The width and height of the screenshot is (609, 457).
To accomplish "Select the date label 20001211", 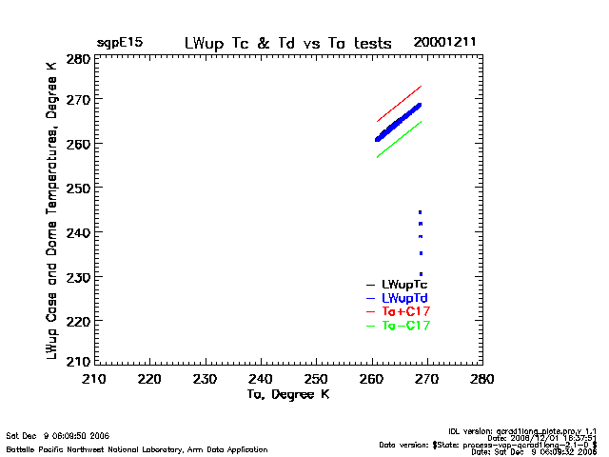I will coord(444,43).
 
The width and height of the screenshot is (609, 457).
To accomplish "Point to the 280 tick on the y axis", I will coord(78,59).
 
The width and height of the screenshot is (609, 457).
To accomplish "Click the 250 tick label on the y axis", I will coord(78,189).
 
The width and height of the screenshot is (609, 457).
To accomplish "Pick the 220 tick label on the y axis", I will coord(78,321).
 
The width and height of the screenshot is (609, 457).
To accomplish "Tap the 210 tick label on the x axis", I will coord(93,379).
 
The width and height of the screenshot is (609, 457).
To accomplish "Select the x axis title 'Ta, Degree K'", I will coord(288,393).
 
